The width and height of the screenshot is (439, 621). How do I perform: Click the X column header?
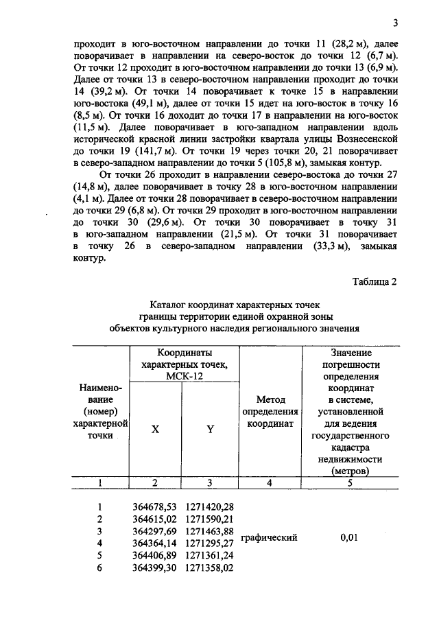155,428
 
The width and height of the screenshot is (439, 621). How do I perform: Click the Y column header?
210,428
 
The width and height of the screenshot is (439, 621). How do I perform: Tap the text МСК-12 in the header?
182,376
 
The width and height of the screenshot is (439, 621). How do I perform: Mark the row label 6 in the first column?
99,567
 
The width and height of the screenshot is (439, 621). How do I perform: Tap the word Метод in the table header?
270,400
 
